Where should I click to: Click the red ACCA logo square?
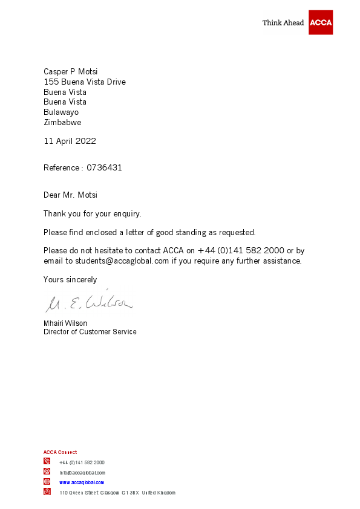(321, 22)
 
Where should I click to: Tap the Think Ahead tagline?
(283, 23)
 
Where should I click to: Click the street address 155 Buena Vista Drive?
(85, 82)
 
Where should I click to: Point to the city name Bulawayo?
(61, 112)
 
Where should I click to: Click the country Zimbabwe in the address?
(62, 123)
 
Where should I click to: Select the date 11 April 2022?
(70, 141)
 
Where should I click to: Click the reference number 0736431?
(104, 168)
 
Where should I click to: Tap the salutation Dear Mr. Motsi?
(70, 195)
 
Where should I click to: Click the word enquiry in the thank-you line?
(127, 214)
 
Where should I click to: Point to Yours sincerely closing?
(70, 280)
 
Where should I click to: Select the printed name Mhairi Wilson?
(65, 323)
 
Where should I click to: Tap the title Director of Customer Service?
(90, 332)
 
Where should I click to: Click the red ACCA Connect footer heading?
(60, 452)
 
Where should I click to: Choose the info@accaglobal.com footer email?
(82, 473)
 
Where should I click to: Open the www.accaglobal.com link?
(82, 482)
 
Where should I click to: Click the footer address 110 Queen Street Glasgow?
(117, 493)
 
